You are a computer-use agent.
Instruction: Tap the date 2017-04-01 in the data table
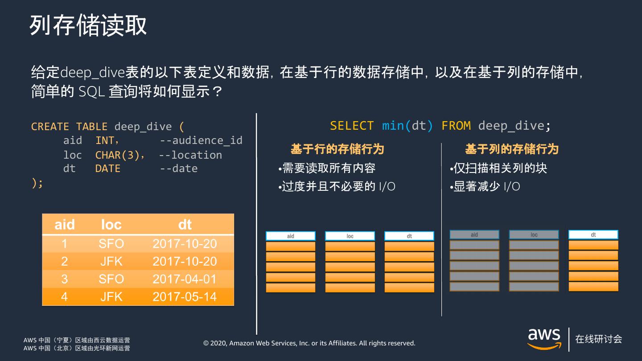pos(184,279)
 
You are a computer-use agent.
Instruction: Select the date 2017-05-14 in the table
pos(184,296)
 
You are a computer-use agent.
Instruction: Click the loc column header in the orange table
pos(111,225)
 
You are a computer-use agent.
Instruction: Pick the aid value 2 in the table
pos(65,261)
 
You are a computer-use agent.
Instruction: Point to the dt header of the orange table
pos(185,225)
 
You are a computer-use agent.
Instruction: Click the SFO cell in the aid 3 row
pos(111,279)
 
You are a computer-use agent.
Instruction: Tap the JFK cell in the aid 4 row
pos(111,296)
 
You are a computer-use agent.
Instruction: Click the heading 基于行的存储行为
pos(337,149)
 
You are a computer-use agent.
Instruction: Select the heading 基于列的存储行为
pos(511,149)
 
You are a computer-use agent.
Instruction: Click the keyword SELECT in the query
pos(352,126)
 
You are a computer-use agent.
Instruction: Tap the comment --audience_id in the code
pos(201,140)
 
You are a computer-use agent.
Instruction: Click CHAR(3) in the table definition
pos(119,155)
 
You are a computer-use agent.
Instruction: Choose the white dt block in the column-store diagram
pos(593,235)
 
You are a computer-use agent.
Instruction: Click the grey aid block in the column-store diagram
pos(474,235)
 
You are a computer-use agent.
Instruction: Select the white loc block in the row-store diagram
pos(350,236)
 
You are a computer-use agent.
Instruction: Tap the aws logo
pos(544,339)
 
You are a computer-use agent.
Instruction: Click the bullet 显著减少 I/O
pos(486,186)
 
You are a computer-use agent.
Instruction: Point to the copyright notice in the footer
pos(309,343)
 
